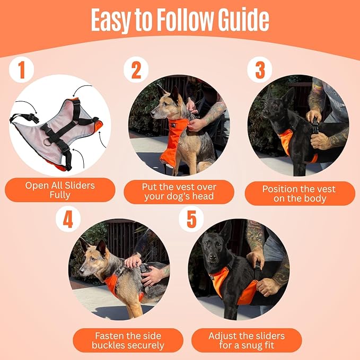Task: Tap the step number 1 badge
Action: pyautogui.click(x=22, y=70)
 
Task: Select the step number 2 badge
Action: pyautogui.click(x=136, y=70)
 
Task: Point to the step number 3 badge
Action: pyautogui.click(x=259, y=70)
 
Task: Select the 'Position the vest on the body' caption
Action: pyautogui.click(x=300, y=194)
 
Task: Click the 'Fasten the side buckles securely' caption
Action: pyautogui.click(x=128, y=340)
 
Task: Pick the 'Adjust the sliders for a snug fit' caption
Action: pyautogui.click(x=246, y=340)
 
